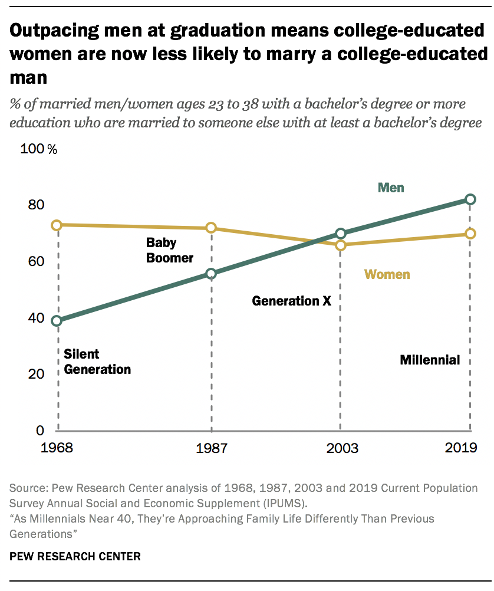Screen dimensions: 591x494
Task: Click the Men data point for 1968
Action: coord(57,321)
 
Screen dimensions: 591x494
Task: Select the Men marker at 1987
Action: coord(211,274)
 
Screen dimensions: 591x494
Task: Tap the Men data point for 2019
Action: coord(470,199)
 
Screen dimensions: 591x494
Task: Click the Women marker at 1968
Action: coord(57,225)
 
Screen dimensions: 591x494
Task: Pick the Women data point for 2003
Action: coord(340,245)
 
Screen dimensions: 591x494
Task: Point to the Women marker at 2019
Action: coord(470,234)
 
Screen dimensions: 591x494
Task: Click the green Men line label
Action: coord(391,188)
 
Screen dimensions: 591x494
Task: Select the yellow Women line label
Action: coord(387,274)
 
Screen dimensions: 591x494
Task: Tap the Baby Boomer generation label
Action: coord(170,250)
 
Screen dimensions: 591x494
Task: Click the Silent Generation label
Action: coord(97,362)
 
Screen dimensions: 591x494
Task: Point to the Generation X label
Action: coord(291,301)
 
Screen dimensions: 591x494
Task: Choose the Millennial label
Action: coord(430,360)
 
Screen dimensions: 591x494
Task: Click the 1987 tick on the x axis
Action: coord(211,448)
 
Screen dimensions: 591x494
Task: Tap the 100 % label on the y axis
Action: coord(39,149)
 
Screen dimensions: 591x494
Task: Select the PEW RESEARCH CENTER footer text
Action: coord(75,556)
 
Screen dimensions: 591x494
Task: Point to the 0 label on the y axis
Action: coord(39,431)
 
